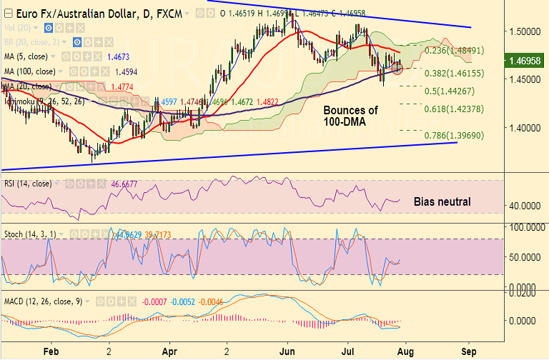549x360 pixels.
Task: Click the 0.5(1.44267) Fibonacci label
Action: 452,91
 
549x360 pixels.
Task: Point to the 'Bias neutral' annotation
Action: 442,201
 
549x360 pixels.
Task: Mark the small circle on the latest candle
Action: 398,69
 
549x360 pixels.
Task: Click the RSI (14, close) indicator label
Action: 28,183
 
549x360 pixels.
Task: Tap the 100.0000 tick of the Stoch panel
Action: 522,226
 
